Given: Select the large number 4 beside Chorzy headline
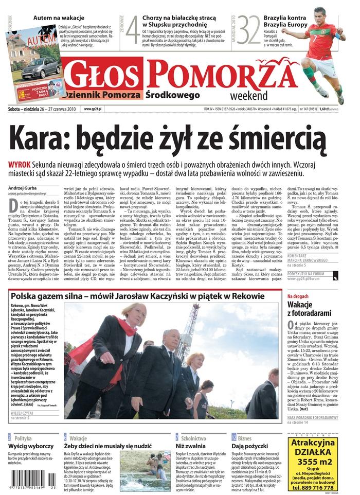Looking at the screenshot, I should [132, 30].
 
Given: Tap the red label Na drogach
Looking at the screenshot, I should [312, 296].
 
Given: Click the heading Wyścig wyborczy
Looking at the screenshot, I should [31, 446].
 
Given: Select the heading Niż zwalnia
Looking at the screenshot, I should [191, 446].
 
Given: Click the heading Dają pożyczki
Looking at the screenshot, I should [252, 446].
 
